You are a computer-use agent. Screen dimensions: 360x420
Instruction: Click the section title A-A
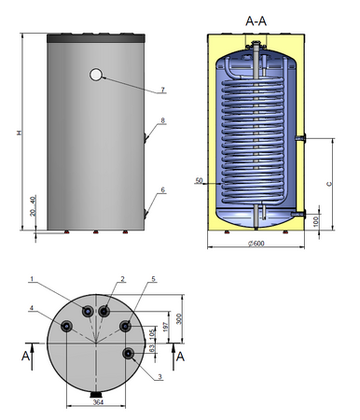point(256,21)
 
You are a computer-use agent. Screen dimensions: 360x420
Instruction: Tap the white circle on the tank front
point(96,75)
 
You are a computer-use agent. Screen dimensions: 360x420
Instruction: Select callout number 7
point(163,90)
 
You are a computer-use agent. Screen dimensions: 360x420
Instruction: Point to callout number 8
point(162,120)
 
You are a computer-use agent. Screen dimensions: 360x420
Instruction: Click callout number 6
point(162,189)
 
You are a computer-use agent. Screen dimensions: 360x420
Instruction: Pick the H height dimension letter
point(20,133)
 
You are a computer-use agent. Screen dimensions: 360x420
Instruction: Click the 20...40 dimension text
point(34,205)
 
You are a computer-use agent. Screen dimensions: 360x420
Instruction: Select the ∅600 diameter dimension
point(256,244)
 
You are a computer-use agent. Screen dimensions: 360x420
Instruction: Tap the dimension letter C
point(329,184)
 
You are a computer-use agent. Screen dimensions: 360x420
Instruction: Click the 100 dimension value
point(316,221)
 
